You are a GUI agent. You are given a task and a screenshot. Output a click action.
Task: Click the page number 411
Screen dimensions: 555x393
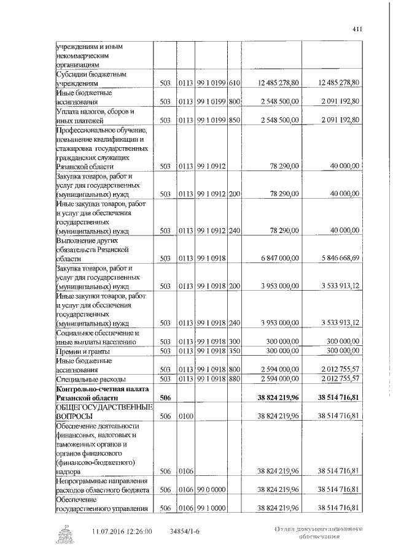[x=357, y=29]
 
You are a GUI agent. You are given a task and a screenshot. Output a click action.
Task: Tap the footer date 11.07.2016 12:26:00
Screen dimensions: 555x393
[x=123, y=531]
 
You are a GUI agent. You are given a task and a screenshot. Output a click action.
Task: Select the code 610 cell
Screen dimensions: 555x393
[x=234, y=82]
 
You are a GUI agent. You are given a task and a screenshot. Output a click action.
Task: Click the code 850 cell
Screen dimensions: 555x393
[x=234, y=120]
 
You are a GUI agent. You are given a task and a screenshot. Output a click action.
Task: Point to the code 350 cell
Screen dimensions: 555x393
[x=234, y=351]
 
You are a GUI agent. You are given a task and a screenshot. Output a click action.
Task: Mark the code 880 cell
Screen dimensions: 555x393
[x=234, y=379]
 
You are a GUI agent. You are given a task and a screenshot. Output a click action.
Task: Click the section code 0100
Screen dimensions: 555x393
[x=185, y=416]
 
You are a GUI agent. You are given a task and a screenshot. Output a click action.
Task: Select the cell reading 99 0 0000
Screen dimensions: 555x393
[x=210, y=491]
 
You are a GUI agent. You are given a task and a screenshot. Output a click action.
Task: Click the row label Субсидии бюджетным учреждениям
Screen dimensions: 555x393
[x=91, y=78]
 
